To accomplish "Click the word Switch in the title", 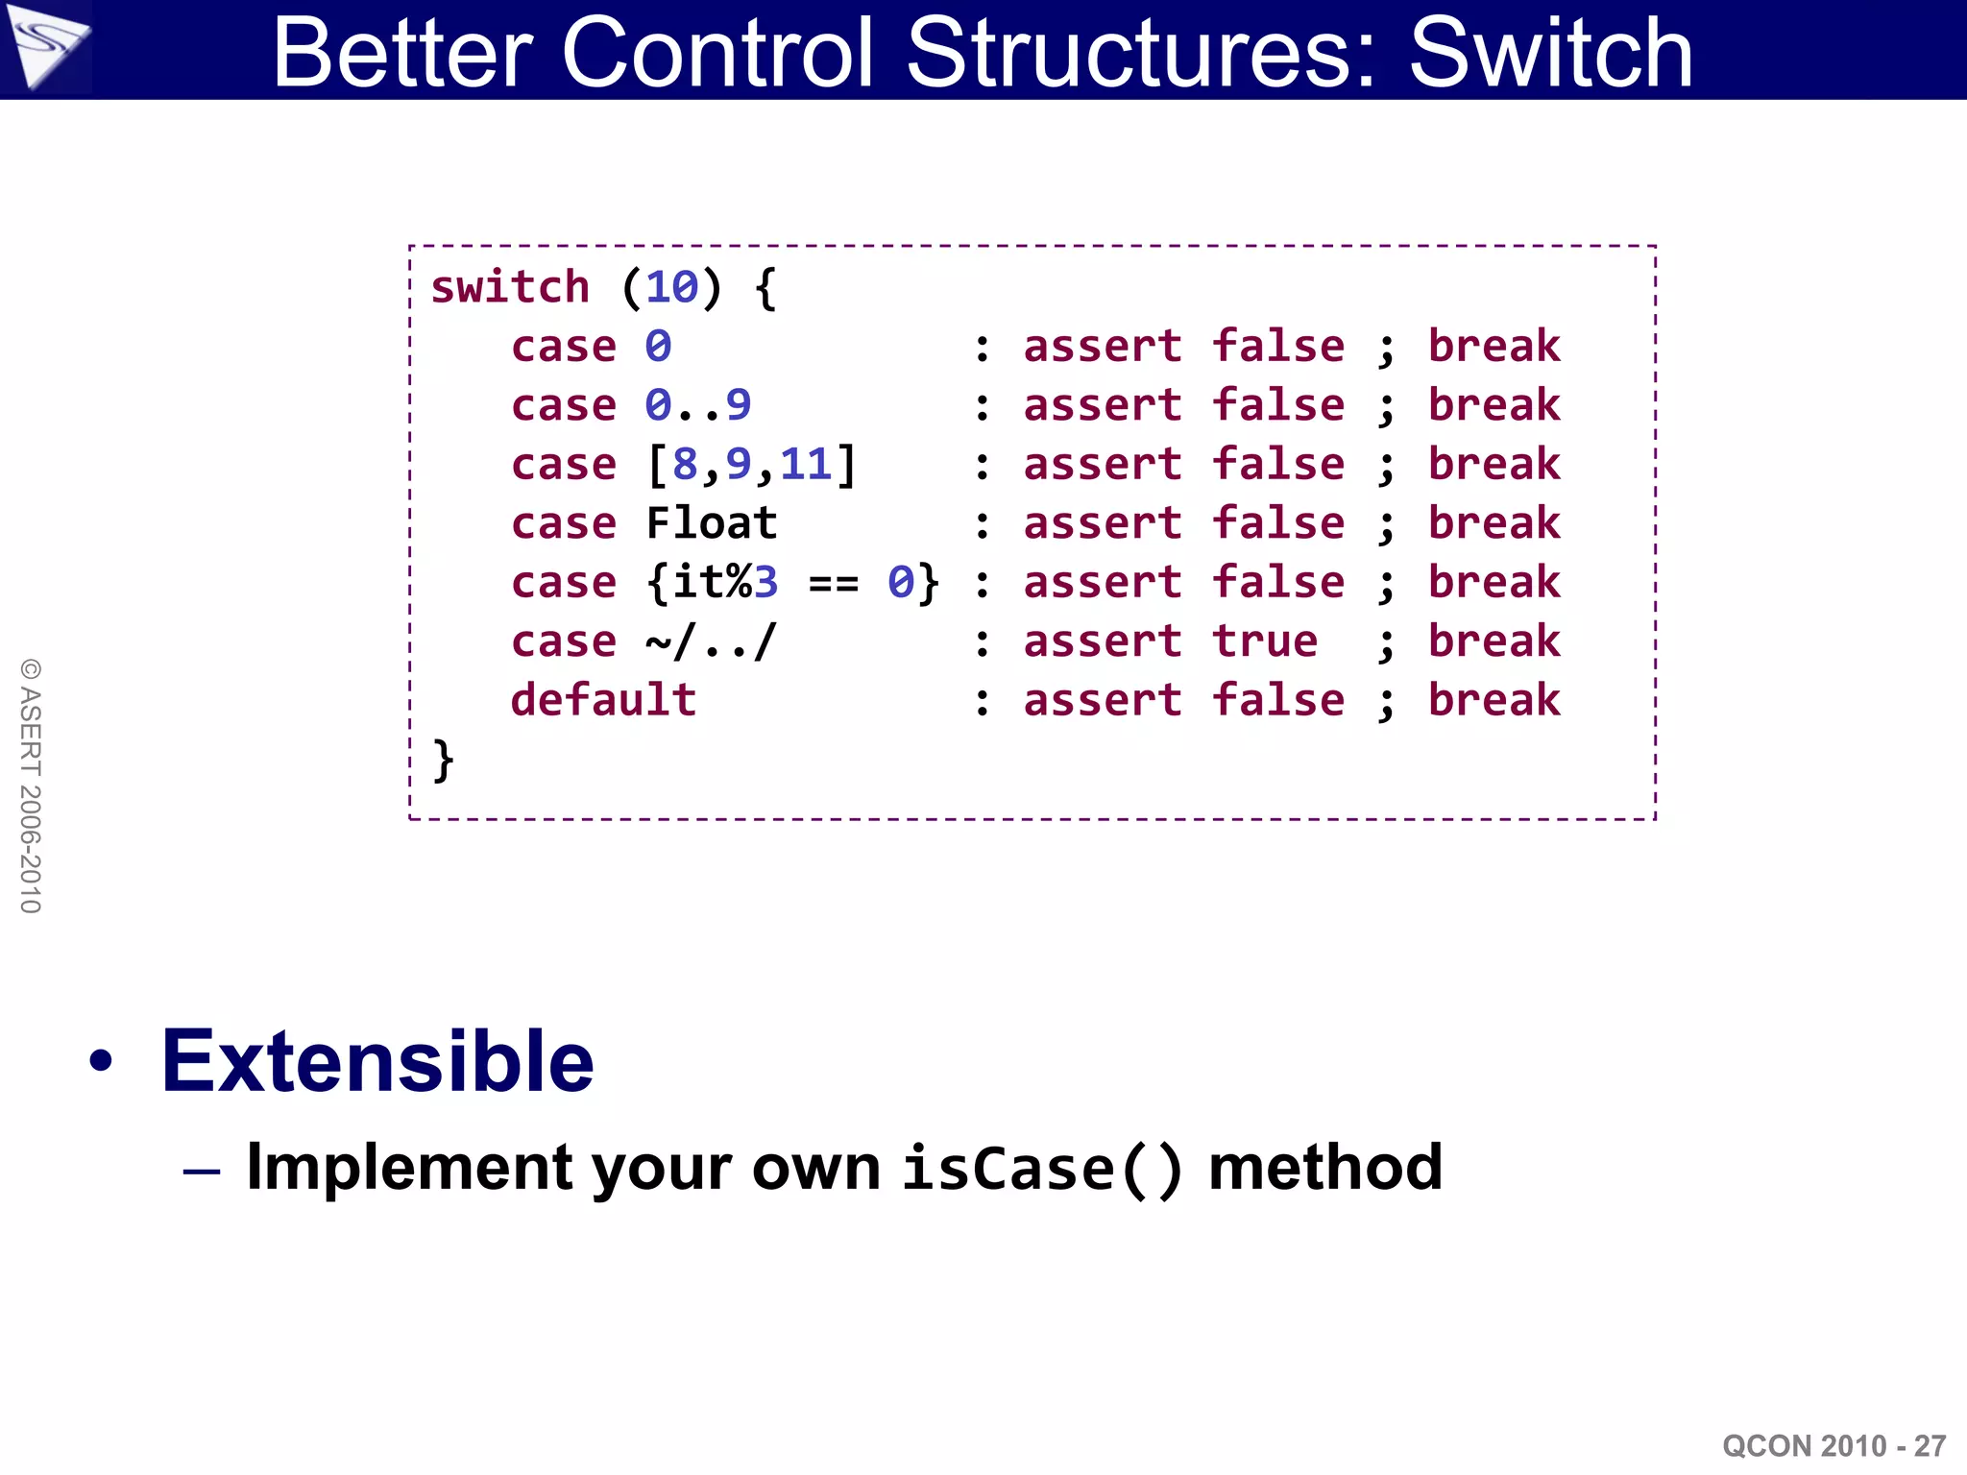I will [x=1550, y=54].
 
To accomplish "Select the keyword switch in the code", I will [x=509, y=287].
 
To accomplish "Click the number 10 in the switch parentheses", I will [x=671, y=287].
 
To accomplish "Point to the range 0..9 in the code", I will [x=697, y=405].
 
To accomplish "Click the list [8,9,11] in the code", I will [x=751, y=465].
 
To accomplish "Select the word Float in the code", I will [x=711, y=523].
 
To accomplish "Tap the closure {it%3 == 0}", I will [x=792, y=583].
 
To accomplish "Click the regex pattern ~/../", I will [x=711, y=641].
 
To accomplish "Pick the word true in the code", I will [x=1264, y=641].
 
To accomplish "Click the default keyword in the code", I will [x=603, y=700].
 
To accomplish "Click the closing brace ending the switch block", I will [x=443, y=760].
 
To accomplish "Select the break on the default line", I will [x=1493, y=700].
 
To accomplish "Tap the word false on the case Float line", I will [x=1277, y=523].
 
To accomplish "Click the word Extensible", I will [x=377, y=1061].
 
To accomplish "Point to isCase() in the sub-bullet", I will [x=1042, y=1169].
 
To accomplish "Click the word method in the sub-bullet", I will [x=1325, y=1167].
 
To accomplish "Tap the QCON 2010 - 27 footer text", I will [x=1833, y=1445].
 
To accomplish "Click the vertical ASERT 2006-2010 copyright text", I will [x=31, y=786].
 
